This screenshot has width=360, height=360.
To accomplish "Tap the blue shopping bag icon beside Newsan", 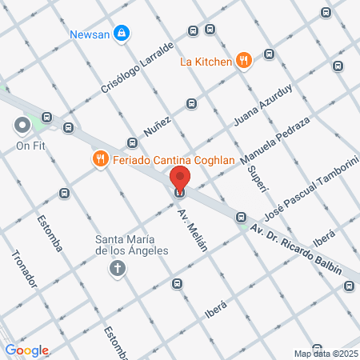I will (122, 34).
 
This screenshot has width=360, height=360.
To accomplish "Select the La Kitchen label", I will (205, 60).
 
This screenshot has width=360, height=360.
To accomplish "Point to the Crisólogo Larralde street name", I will (137, 68).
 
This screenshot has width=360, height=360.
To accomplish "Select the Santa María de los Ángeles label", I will (132, 245).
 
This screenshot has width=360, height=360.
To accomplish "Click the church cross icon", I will (117, 267).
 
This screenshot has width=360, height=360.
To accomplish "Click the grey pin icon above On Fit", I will (22, 126).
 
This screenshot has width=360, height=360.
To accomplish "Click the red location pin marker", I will (181, 180).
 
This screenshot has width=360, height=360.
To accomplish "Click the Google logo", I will (27, 350).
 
